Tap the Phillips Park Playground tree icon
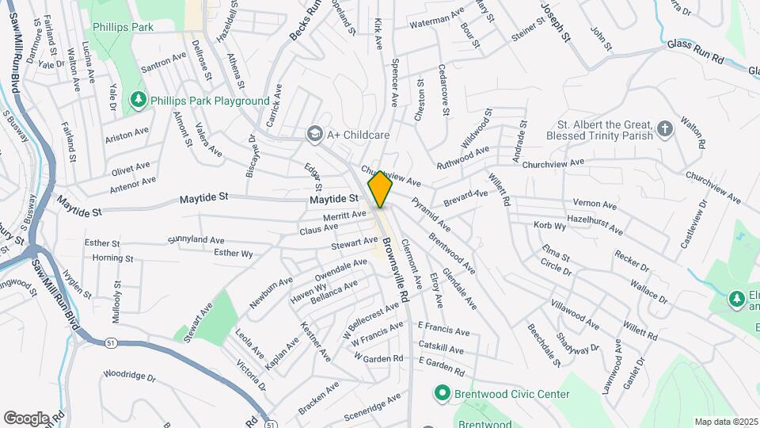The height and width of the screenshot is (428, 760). pos(139,100)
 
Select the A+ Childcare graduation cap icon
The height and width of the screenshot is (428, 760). pos(314,135)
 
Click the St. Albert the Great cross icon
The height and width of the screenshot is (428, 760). pos(665,128)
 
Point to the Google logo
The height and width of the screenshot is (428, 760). pos(26,418)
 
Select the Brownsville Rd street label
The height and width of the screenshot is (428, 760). pos(394,269)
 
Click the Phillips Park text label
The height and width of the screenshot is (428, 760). pos(122,27)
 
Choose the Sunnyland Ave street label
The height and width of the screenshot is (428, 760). pos(196,239)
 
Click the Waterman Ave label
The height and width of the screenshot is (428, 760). pos(436,18)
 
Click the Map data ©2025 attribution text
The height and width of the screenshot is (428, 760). pos(724,422)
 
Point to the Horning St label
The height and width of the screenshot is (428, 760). pos(107,258)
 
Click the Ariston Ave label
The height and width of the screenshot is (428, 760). pos(127,134)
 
